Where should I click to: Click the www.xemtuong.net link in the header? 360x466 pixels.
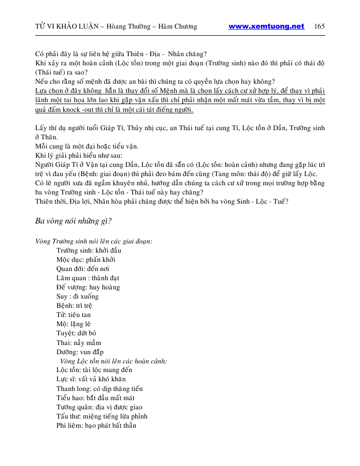tap(266, 27)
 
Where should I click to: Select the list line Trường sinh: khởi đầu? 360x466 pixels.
tap(88, 250)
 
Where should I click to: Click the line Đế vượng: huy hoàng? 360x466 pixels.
tap(88, 287)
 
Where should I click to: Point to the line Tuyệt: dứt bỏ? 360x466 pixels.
tap(76, 333)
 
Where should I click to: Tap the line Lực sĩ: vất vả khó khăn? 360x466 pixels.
tap(91, 379)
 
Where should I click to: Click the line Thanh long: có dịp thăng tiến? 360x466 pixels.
tap(100, 388)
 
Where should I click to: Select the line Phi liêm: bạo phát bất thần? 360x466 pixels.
tap(96, 425)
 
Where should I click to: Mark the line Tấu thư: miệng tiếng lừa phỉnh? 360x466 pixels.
tap(100, 416)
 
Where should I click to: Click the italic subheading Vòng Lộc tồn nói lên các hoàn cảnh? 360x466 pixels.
tap(113, 360)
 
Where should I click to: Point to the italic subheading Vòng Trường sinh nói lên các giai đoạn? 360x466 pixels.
tap(93, 241)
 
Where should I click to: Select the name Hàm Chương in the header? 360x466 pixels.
tap(179, 27)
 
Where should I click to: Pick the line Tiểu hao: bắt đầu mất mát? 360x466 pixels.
tap(95, 398)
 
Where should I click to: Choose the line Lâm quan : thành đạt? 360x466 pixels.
tap(88, 278)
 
